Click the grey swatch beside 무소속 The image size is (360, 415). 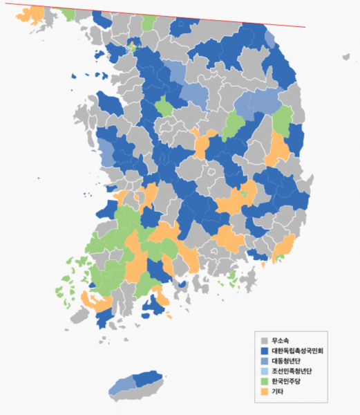[x=263, y=340]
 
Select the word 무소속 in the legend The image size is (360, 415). [x=280, y=340]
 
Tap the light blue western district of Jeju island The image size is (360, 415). [x=121, y=385]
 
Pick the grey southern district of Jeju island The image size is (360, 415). [x=142, y=392]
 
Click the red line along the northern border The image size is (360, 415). [x=207, y=18]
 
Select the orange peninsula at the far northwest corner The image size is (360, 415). [x=31, y=16]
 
